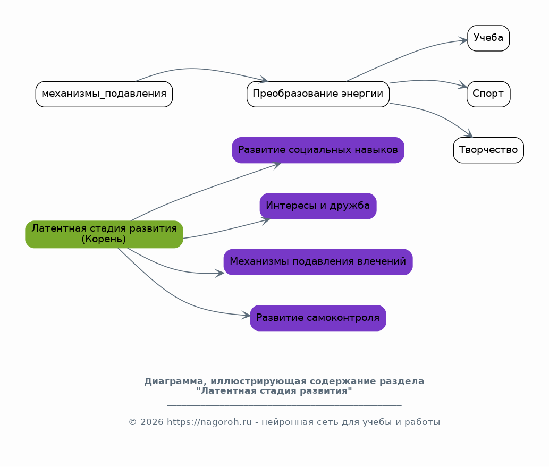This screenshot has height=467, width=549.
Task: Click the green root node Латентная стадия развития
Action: point(104,234)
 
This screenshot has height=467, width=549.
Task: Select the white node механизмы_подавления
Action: point(104,94)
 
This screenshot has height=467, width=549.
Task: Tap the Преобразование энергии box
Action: point(318,94)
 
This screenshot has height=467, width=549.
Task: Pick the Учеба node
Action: point(488,38)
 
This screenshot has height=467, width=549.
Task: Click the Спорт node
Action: point(488,94)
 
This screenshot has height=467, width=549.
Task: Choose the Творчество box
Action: point(488,150)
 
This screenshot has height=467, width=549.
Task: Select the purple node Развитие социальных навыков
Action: point(318,150)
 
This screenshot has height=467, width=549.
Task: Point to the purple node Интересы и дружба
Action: point(318,206)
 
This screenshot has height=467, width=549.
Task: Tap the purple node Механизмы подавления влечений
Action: point(318,262)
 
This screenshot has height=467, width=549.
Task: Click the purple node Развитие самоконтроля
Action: point(318,318)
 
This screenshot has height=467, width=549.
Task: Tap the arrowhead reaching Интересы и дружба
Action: point(266,218)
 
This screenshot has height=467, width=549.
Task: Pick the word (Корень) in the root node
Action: point(104,240)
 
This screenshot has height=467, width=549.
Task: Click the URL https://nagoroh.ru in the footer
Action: point(209,422)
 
